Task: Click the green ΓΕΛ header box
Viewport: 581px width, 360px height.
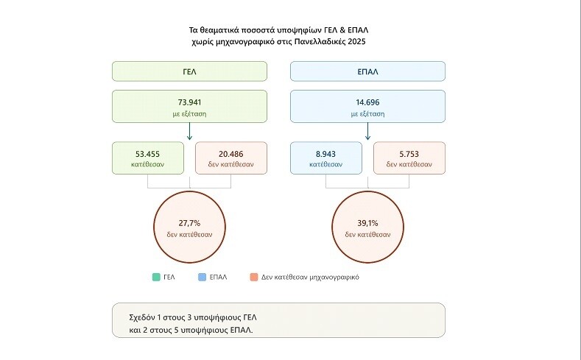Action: tap(189, 71)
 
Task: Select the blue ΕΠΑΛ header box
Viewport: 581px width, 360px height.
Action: tap(367, 71)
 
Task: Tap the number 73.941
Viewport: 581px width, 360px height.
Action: tap(189, 102)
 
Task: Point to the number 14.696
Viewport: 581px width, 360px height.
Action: tap(367, 102)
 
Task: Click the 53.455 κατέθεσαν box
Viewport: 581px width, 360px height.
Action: tap(148, 158)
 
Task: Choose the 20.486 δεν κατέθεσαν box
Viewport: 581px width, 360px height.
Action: tap(230, 158)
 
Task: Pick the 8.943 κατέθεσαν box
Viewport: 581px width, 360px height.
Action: tap(326, 158)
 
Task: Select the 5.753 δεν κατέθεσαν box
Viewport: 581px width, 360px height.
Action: tap(409, 158)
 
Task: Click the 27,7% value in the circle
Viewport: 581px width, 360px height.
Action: tap(189, 223)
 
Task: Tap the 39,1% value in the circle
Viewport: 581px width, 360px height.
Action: tap(367, 223)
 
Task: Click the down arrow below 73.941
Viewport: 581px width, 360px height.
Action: tap(189, 132)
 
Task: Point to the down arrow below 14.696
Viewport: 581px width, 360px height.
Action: tap(367, 132)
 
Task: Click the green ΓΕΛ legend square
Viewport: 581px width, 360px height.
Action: tap(156, 277)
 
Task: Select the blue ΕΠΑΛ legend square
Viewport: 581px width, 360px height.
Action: tap(202, 277)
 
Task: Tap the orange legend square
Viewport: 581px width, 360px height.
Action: tap(254, 277)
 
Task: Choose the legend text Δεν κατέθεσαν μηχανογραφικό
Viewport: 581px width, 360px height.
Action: tap(310, 277)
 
